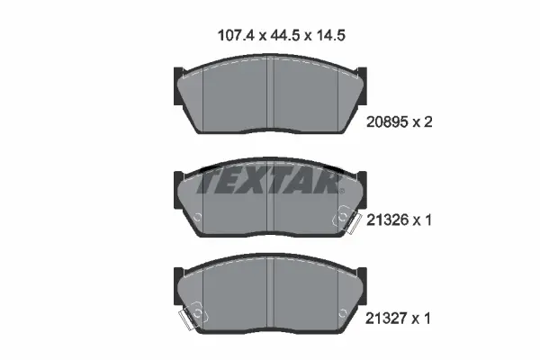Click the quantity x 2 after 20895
427,125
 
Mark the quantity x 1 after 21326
427,219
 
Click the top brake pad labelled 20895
270,99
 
